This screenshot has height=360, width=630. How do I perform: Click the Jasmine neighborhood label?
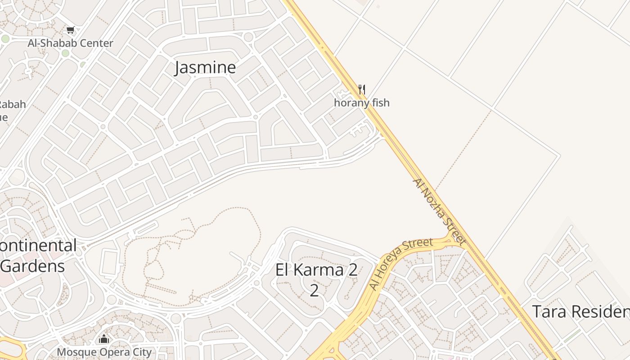205,67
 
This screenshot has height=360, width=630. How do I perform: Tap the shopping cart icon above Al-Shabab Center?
70,31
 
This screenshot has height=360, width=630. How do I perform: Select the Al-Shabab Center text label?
70,43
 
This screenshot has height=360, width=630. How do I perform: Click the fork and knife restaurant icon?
362,90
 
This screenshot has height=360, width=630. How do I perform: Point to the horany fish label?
362,103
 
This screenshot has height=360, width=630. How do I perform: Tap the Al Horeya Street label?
400,264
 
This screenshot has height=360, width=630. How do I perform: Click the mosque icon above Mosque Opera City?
104,339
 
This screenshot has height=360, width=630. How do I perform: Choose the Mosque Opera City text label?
104,351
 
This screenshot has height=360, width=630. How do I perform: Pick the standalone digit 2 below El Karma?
314,290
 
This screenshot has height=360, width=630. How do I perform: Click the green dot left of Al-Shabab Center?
5,39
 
